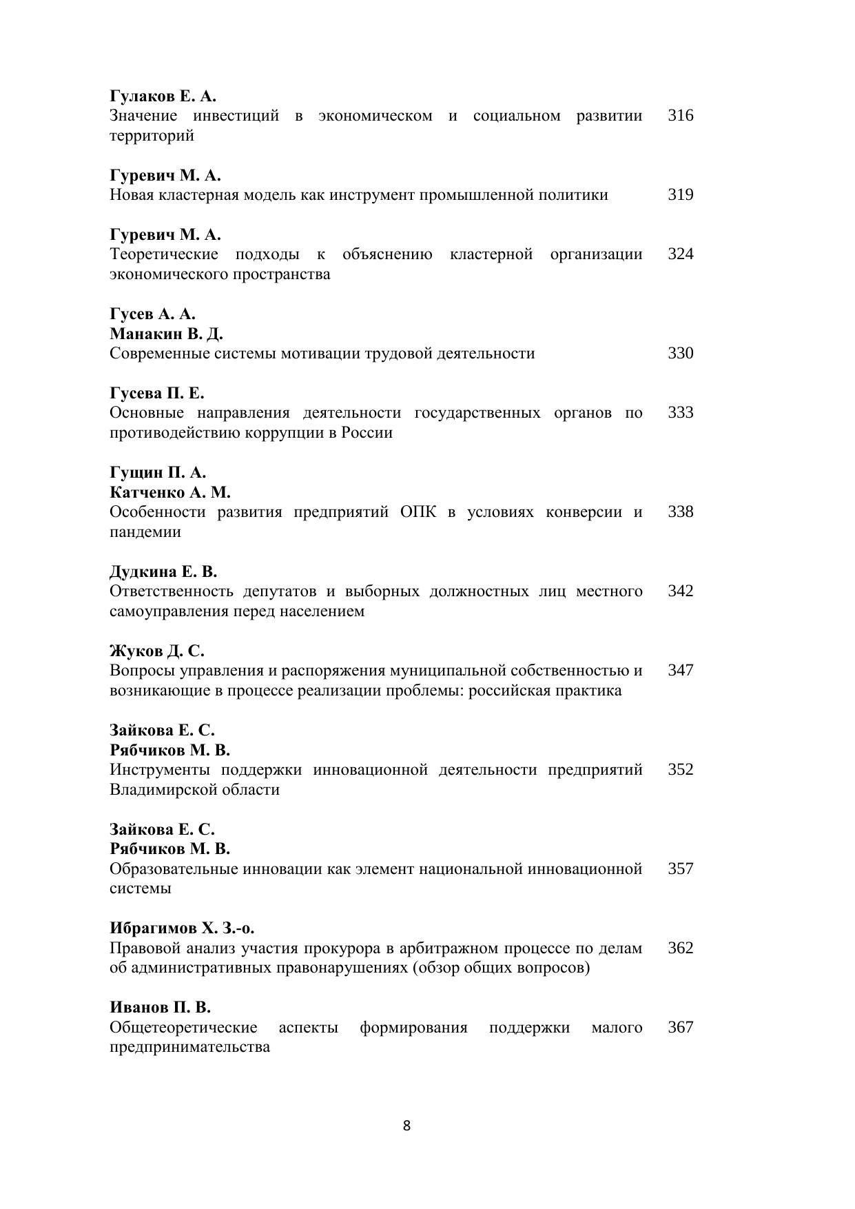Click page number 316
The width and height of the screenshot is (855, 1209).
point(680,116)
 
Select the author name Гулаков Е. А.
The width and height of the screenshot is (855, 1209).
point(163,96)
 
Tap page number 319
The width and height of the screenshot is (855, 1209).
point(680,195)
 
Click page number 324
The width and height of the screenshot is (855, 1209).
point(680,254)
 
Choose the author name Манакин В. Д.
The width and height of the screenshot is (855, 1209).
point(166,334)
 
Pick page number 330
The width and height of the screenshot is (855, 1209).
point(680,354)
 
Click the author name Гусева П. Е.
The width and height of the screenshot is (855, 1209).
point(157,394)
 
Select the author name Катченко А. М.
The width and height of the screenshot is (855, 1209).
point(170,493)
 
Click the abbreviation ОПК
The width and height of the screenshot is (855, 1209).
point(418,512)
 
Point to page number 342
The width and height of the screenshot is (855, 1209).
point(680,591)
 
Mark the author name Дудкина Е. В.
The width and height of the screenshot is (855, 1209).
point(163,572)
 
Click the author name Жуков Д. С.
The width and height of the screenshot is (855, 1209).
point(157,651)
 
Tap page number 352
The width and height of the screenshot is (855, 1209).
point(680,770)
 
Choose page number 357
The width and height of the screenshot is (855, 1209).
point(680,869)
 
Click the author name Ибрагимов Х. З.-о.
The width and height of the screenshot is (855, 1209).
point(182,928)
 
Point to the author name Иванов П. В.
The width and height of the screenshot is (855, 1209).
point(160,1008)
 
